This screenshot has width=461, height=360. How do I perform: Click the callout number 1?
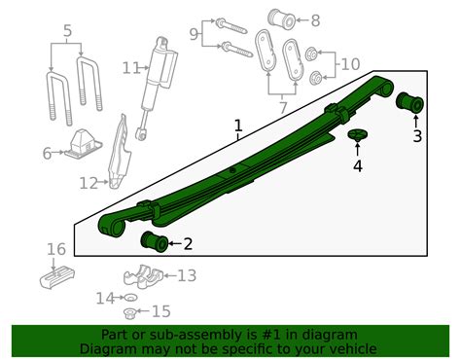coord(237,126)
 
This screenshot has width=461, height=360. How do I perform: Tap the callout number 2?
coord(188,243)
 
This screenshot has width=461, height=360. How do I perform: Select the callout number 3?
coord(416,136)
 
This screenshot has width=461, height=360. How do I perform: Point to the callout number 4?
coord(357,166)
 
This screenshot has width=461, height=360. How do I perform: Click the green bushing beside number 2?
coord(155,240)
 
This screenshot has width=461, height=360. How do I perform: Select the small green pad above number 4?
coord(357,135)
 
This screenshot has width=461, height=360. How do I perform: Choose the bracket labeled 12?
coord(119,151)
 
